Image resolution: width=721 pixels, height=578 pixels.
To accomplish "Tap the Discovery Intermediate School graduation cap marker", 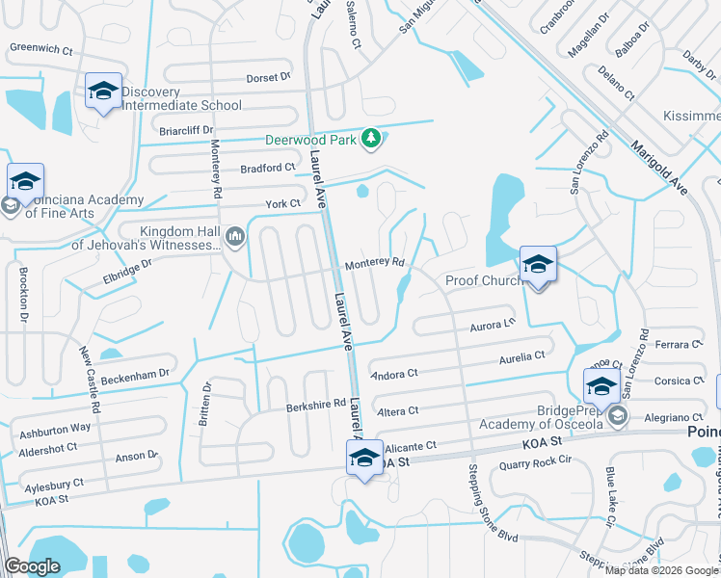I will point(103,92).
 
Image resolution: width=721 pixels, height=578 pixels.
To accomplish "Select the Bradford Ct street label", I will point(267,167).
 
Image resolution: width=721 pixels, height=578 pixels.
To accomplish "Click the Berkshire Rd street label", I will point(315,407).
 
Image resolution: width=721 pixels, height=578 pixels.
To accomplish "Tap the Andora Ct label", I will point(392,373).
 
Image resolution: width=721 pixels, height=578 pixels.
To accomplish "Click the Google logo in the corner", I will point(32,566).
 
